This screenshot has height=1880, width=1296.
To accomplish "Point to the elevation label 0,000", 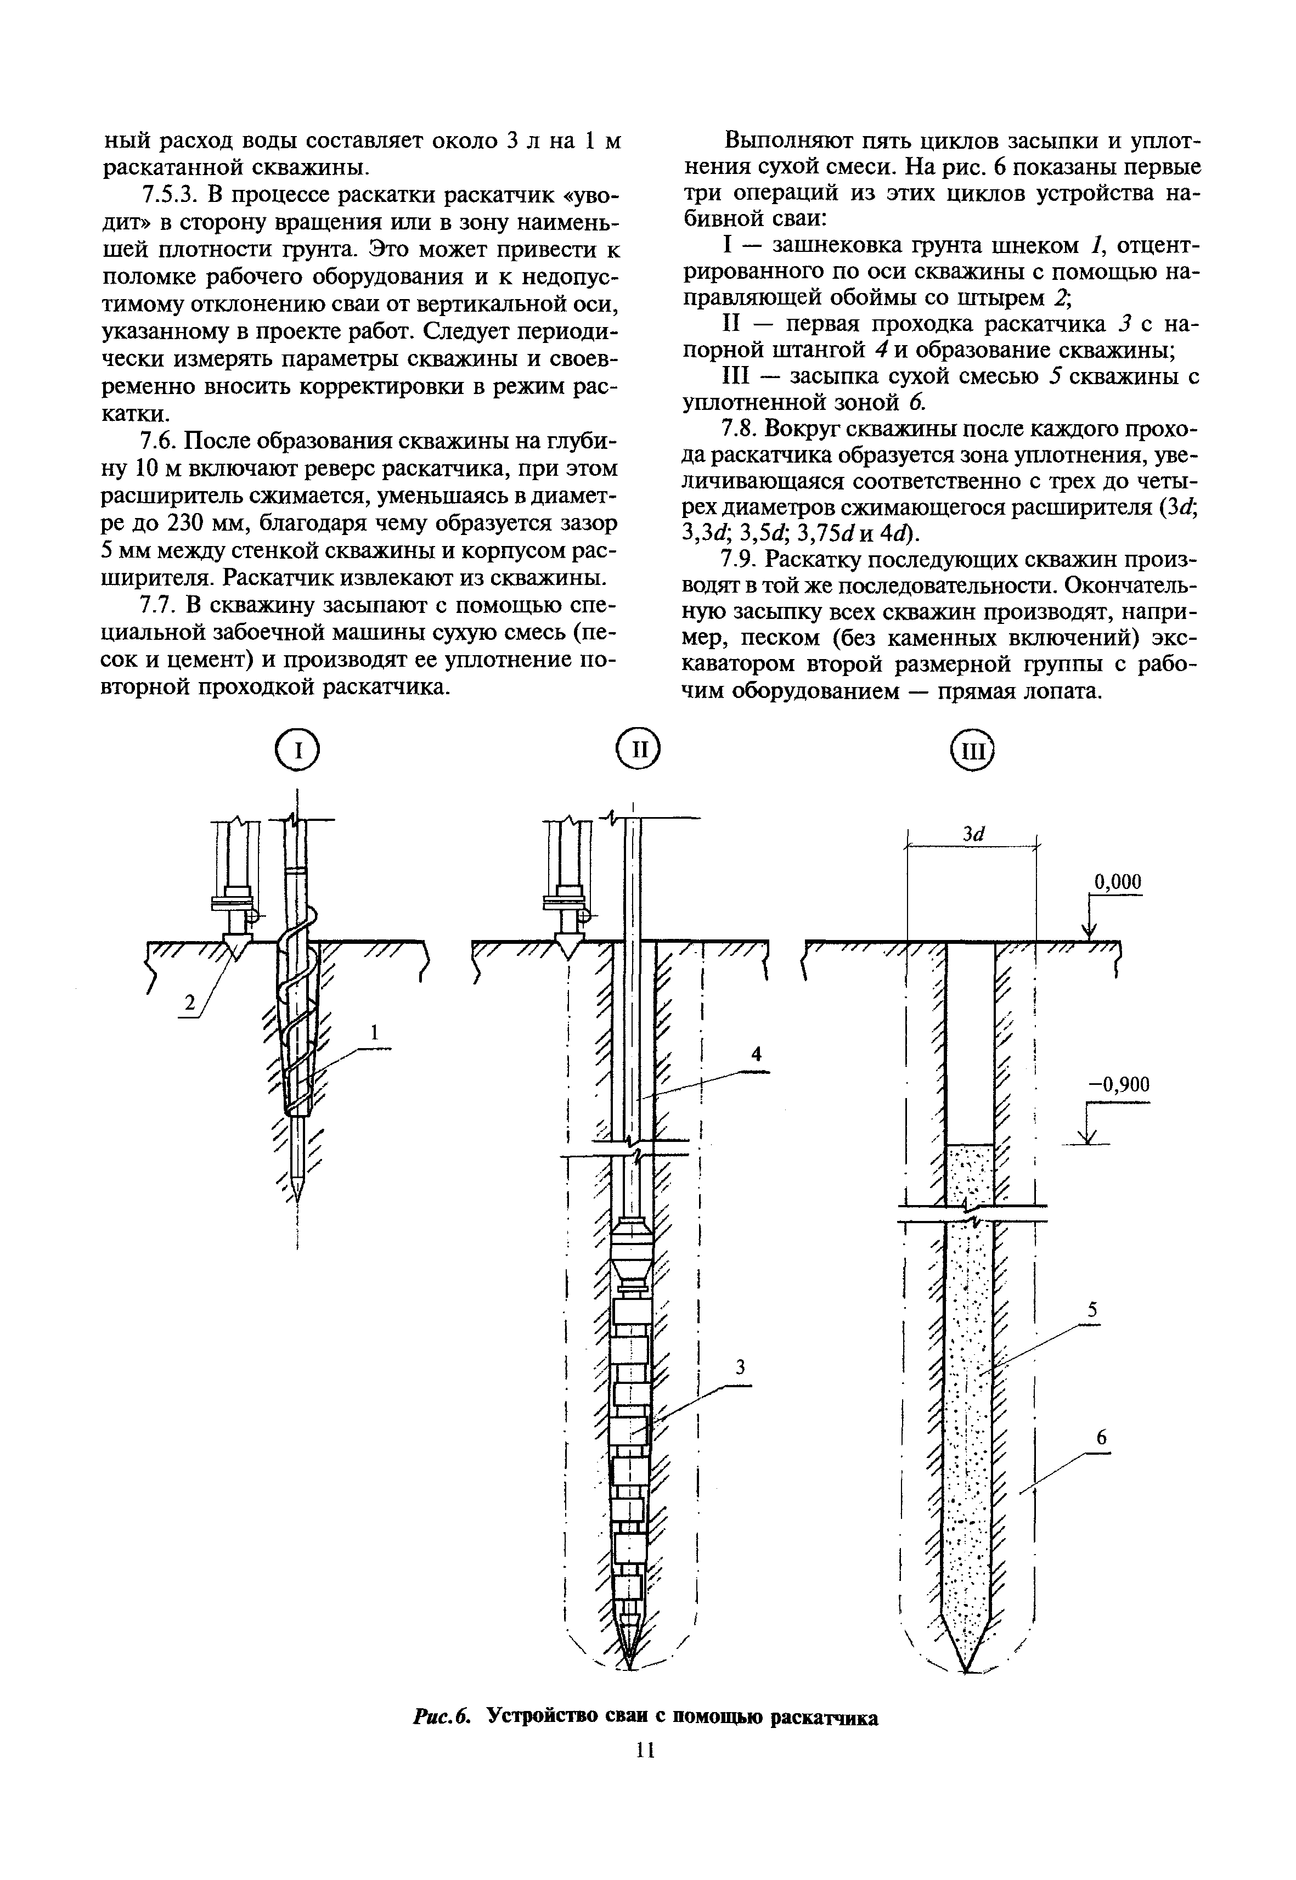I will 1117,882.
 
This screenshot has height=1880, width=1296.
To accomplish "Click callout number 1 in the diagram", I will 374,1033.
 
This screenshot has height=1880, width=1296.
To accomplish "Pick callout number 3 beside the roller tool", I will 740,1367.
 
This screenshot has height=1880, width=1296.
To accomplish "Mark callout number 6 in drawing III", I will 1101,1437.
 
